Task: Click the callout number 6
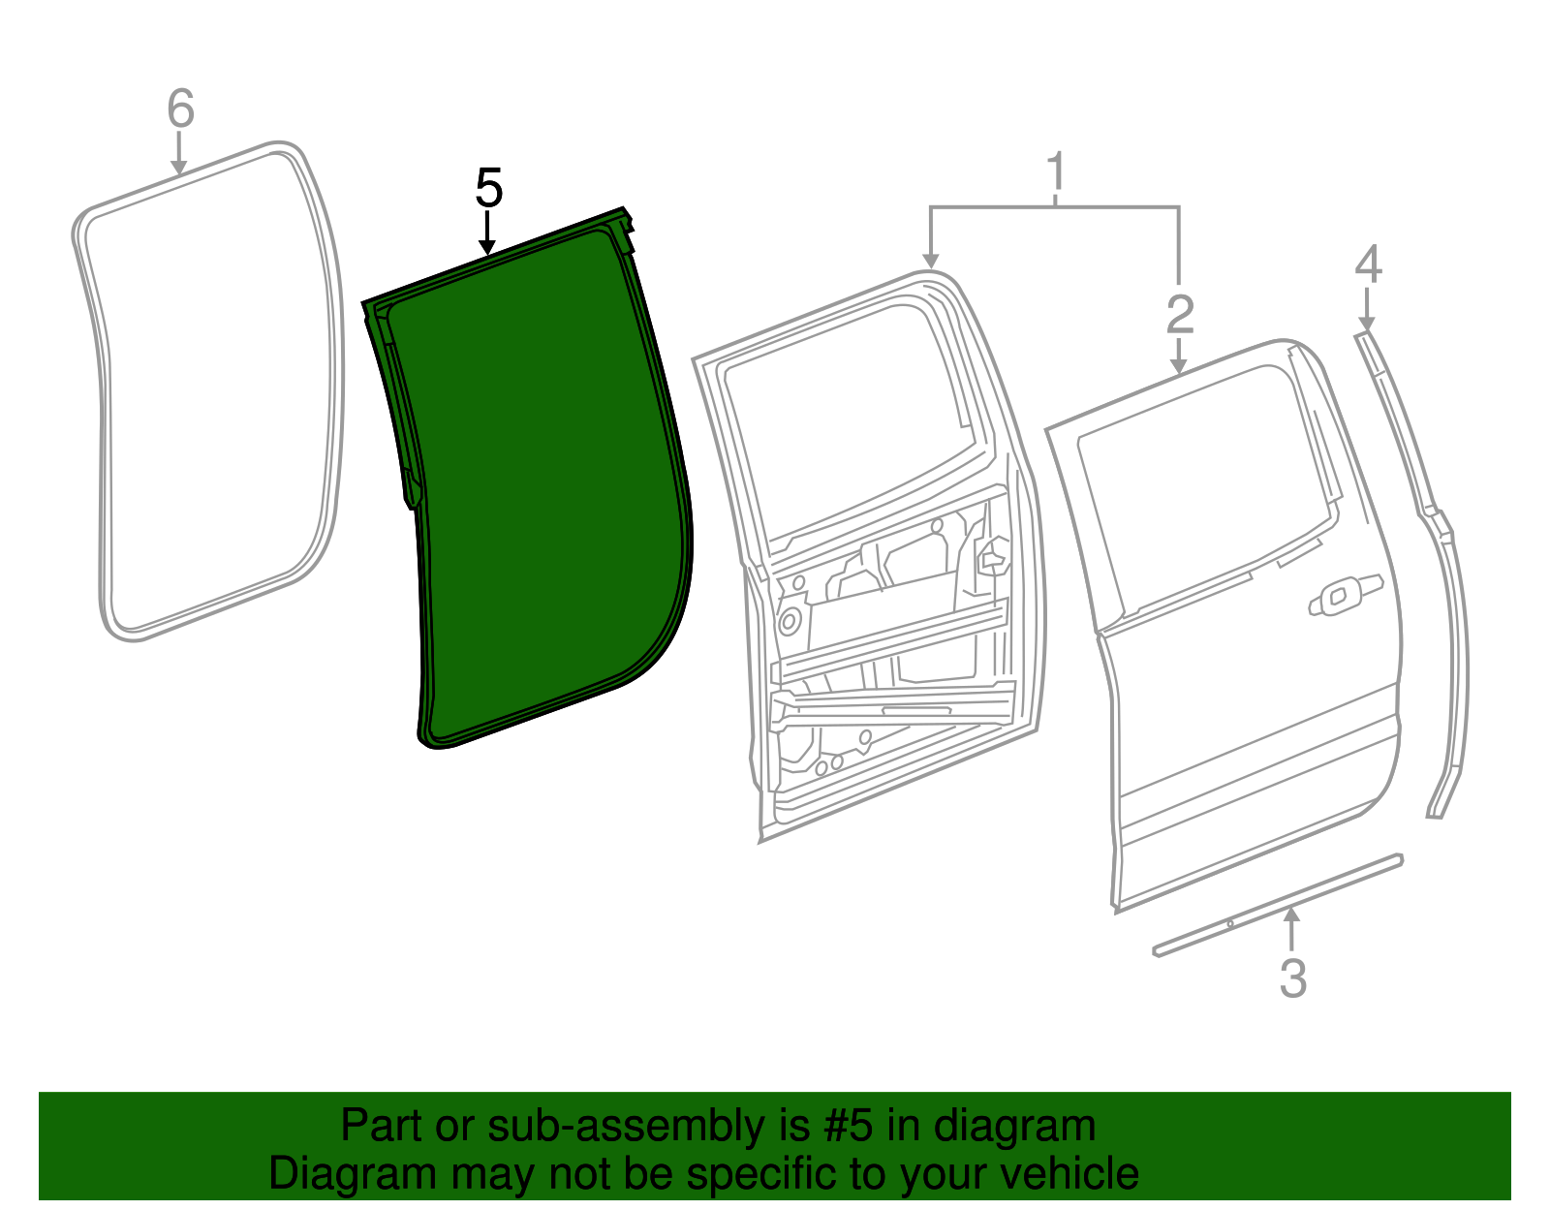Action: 180,109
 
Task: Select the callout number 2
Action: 1179,315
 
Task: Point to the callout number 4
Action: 1367,264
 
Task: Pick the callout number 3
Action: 1292,977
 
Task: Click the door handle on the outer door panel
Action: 1344,594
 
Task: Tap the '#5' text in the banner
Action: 850,1126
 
